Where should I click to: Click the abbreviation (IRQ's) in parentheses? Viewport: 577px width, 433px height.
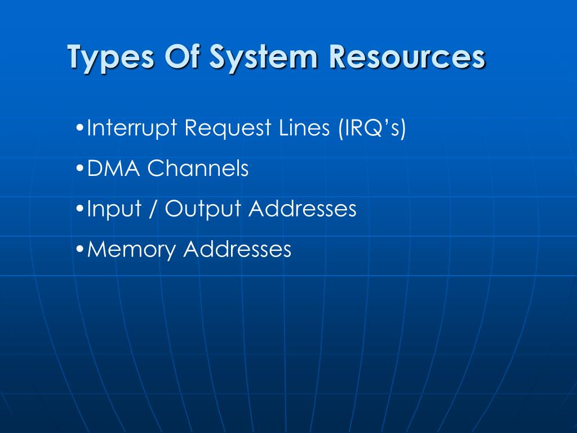[x=372, y=128]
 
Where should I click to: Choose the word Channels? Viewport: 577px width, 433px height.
[x=198, y=168]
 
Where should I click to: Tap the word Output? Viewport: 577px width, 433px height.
[x=203, y=209]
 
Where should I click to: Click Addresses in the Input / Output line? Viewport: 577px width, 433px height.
[x=303, y=208]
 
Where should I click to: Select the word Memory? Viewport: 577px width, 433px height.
[x=132, y=249]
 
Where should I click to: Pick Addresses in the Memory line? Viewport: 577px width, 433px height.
[x=237, y=248]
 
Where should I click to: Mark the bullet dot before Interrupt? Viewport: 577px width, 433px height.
[x=79, y=128]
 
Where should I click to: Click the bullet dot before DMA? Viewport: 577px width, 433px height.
[x=79, y=169]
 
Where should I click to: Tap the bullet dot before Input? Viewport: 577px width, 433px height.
[x=79, y=209]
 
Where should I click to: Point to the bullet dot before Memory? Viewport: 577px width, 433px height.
[x=79, y=249]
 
